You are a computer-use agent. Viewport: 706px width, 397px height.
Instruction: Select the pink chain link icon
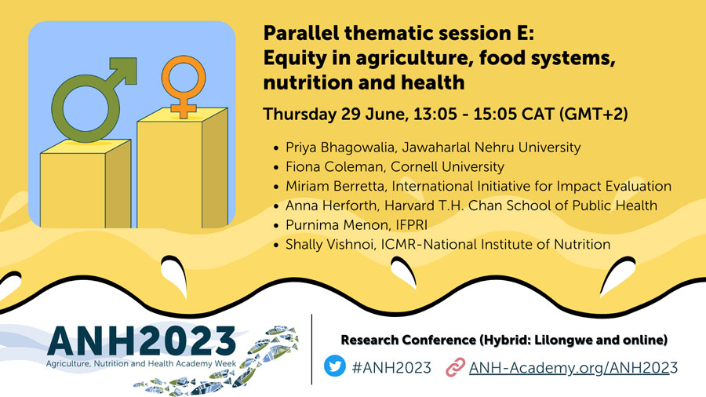[455, 367]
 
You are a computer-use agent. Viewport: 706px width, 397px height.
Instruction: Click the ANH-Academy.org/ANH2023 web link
[573, 368]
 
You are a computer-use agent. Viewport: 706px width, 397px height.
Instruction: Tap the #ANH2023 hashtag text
[391, 368]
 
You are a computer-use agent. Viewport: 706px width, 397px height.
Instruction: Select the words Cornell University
[447, 166]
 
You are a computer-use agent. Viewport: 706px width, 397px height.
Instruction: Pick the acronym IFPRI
[412, 224]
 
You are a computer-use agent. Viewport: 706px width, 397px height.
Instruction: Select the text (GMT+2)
[593, 115]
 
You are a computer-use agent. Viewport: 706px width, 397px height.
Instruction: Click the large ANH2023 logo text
[142, 341]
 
